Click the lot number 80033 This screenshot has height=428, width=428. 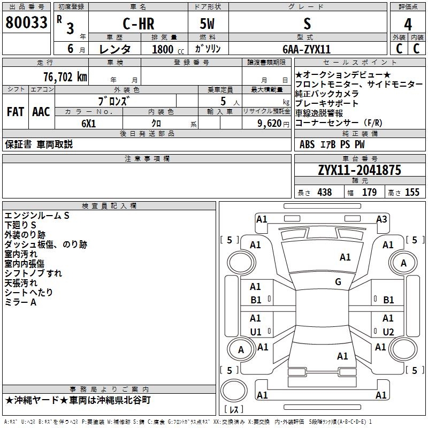(x=26, y=22)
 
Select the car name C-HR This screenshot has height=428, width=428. (x=139, y=24)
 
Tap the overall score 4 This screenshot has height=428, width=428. (x=408, y=25)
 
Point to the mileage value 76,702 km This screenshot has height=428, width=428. (x=65, y=77)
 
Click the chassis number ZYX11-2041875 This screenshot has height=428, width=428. (x=360, y=170)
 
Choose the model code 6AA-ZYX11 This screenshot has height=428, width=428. (x=307, y=49)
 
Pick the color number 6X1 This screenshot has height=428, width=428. (x=89, y=124)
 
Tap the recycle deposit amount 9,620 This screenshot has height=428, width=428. (x=270, y=124)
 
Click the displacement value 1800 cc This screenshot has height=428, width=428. (x=168, y=49)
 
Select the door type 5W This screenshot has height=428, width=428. (x=207, y=24)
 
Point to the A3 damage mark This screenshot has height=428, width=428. (x=381, y=219)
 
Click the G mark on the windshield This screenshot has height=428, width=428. (x=338, y=281)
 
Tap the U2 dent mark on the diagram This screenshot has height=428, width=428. (x=388, y=332)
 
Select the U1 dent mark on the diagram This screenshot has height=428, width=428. (x=256, y=332)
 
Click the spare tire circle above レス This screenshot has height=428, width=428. (x=234, y=391)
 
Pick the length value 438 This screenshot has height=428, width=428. (x=325, y=192)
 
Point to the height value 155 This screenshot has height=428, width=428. (x=412, y=192)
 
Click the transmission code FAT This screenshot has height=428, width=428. (x=16, y=112)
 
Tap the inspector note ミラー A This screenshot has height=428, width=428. (x=20, y=302)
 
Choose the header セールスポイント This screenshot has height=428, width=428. (x=360, y=63)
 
